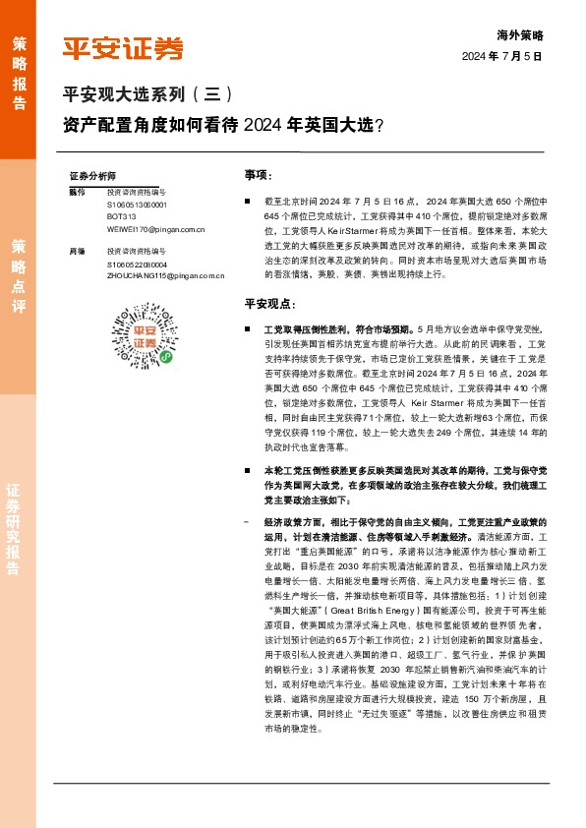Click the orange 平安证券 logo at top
point(123,47)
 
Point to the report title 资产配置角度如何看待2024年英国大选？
point(223,125)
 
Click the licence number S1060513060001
point(138,205)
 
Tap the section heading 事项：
point(258,174)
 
